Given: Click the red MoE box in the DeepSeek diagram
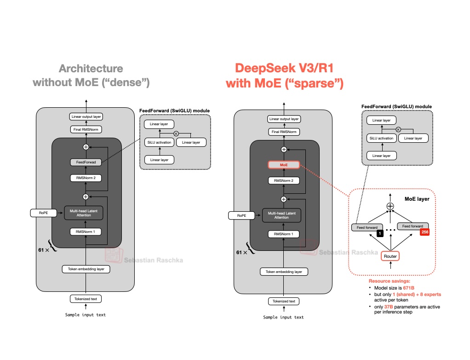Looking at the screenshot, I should point(284,165).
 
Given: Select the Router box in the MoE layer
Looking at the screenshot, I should point(390,256).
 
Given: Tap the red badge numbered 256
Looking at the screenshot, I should point(424,232).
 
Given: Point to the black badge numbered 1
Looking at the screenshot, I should point(380,233).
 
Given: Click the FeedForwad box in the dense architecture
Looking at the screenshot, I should point(86,163).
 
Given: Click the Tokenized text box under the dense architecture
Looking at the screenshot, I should point(86,299).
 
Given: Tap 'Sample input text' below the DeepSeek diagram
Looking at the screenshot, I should point(283,317).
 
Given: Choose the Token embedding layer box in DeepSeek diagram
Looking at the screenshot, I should point(284,272).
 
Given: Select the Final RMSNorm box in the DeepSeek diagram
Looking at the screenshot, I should point(284,132).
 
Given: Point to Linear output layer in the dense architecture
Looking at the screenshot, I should point(86,117).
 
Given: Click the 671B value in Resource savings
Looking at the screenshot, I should point(402,288).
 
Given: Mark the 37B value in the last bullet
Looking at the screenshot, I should point(391,307).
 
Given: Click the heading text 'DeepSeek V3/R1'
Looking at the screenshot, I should point(284,68).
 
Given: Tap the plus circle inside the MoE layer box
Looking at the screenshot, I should point(390,206).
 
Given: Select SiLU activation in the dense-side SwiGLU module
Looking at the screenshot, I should point(159,142).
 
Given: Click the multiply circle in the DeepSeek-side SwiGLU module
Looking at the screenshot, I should point(398,130).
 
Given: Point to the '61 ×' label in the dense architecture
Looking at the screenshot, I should point(44,250).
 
